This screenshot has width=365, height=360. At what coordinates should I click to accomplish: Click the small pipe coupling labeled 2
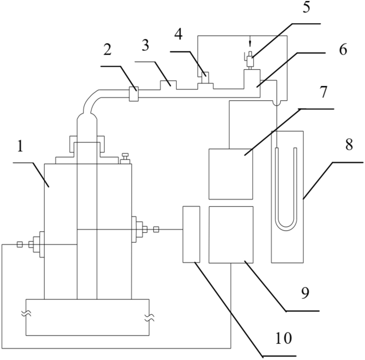(133, 94)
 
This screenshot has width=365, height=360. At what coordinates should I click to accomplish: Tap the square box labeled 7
(231, 174)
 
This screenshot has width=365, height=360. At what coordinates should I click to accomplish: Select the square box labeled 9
(231, 235)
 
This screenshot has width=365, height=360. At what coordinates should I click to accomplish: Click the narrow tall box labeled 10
(191, 234)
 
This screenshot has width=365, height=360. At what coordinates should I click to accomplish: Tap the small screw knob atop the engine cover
(126, 158)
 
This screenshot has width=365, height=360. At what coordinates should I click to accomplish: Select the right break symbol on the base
(149, 318)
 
